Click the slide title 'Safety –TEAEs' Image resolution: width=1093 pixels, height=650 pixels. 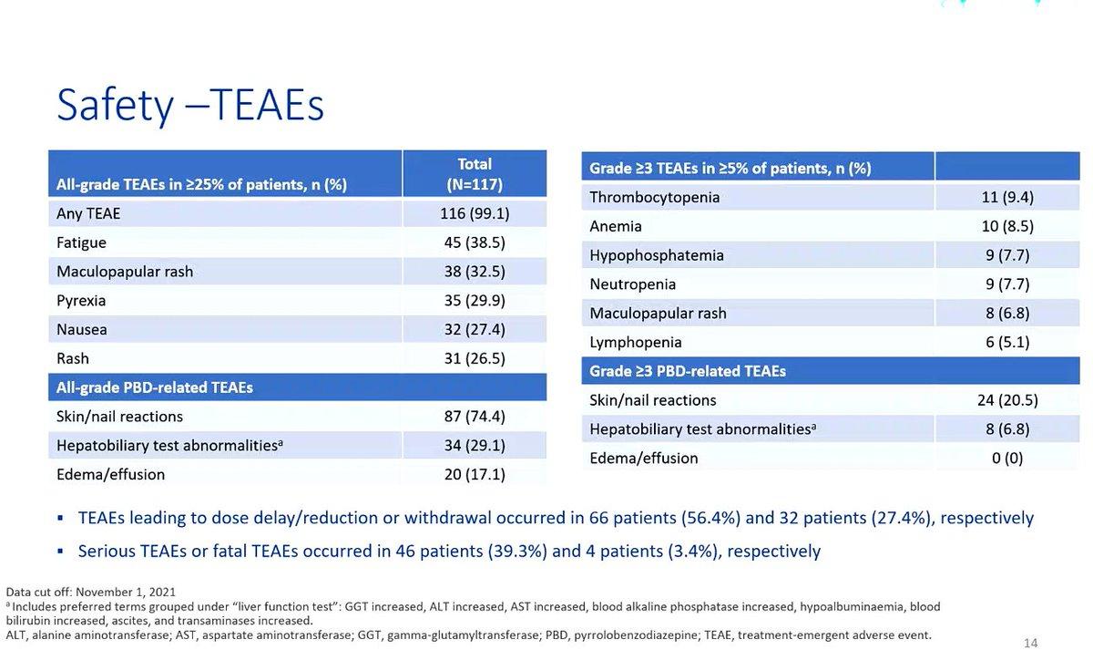190,105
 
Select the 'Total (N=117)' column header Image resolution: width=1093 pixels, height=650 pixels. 475,174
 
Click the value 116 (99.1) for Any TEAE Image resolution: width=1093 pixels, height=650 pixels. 475,213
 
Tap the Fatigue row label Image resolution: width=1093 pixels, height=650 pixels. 81,242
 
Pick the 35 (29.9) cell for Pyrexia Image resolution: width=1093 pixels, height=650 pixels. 475,300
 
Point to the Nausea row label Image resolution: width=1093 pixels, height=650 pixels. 81,329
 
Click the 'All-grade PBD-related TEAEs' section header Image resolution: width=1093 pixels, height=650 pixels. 155,387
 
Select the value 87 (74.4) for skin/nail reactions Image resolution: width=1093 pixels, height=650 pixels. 475,416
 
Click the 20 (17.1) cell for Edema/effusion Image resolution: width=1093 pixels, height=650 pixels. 475,474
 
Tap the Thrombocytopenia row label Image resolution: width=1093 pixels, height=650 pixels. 654,197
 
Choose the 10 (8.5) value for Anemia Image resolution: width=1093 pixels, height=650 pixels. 1007,226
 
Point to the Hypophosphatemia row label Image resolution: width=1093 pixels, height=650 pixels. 657,255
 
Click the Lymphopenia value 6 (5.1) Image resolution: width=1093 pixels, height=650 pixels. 1007,342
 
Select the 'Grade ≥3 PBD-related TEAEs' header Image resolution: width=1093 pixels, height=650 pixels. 688,371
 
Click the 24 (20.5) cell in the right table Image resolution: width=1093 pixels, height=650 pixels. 1007,400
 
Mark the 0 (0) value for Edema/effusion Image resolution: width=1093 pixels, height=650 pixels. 1007,458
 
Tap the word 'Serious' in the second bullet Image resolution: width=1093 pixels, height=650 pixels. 107,551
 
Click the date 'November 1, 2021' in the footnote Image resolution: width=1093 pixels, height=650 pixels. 126,592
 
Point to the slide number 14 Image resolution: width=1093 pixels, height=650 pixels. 1030,643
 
